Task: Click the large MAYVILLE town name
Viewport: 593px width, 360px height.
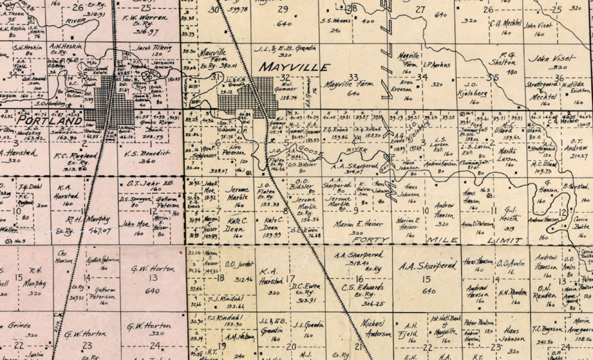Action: click(294, 67)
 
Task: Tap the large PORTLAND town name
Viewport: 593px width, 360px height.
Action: click(50, 121)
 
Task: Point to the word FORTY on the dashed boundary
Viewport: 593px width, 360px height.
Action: click(371, 239)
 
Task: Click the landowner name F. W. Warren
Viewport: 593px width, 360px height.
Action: click(145, 18)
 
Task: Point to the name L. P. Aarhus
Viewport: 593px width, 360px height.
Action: click(436, 65)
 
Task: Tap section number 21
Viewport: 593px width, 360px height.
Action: click(359, 347)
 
